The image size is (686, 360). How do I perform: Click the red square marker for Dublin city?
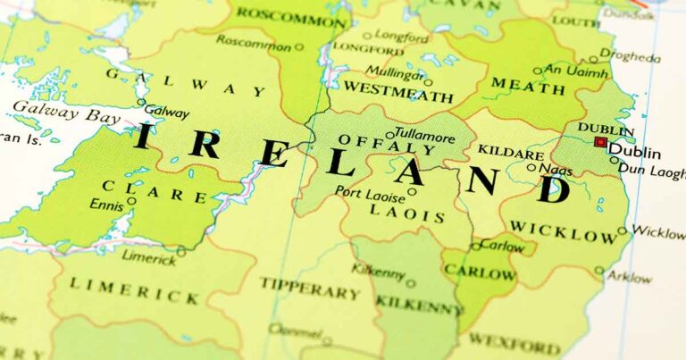coord(600,142)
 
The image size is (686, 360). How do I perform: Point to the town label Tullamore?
coord(423,138)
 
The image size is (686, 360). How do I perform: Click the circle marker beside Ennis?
coord(131,201)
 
